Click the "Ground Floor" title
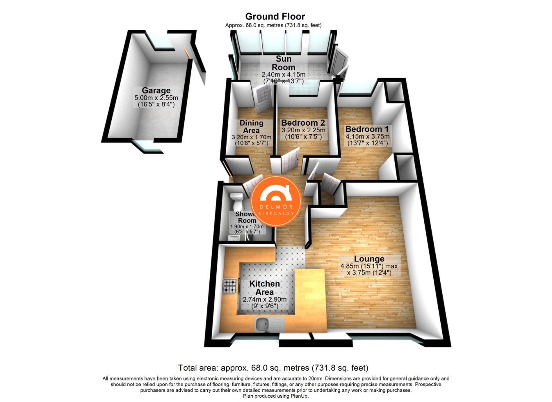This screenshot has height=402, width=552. [x=275, y=16]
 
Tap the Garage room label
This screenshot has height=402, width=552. [x=156, y=91]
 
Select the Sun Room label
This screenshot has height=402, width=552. [x=283, y=63]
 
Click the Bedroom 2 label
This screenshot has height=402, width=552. [x=303, y=123]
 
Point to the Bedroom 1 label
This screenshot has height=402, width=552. [x=367, y=129]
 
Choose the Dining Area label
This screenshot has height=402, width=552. [x=251, y=126]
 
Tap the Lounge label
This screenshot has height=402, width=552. [x=369, y=259]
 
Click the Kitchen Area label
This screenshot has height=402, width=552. [x=265, y=288]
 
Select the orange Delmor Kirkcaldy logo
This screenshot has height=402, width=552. [x=276, y=201]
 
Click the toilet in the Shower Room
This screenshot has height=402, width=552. [x=237, y=202]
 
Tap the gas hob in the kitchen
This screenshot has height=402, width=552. [x=230, y=286]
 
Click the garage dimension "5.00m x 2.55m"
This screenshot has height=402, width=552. [x=156, y=98]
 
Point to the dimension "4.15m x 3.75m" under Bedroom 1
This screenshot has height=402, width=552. [x=367, y=137]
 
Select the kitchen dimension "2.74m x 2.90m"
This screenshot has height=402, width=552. [x=265, y=300]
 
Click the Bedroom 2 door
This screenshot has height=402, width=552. [x=290, y=160]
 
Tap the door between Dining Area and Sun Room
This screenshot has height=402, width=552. [x=262, y=97]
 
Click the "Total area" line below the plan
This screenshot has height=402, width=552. [x=273, y=368]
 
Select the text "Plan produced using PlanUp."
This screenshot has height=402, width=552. [x=276, y=396]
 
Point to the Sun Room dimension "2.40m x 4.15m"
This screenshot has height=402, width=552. [x=283, y=75]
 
